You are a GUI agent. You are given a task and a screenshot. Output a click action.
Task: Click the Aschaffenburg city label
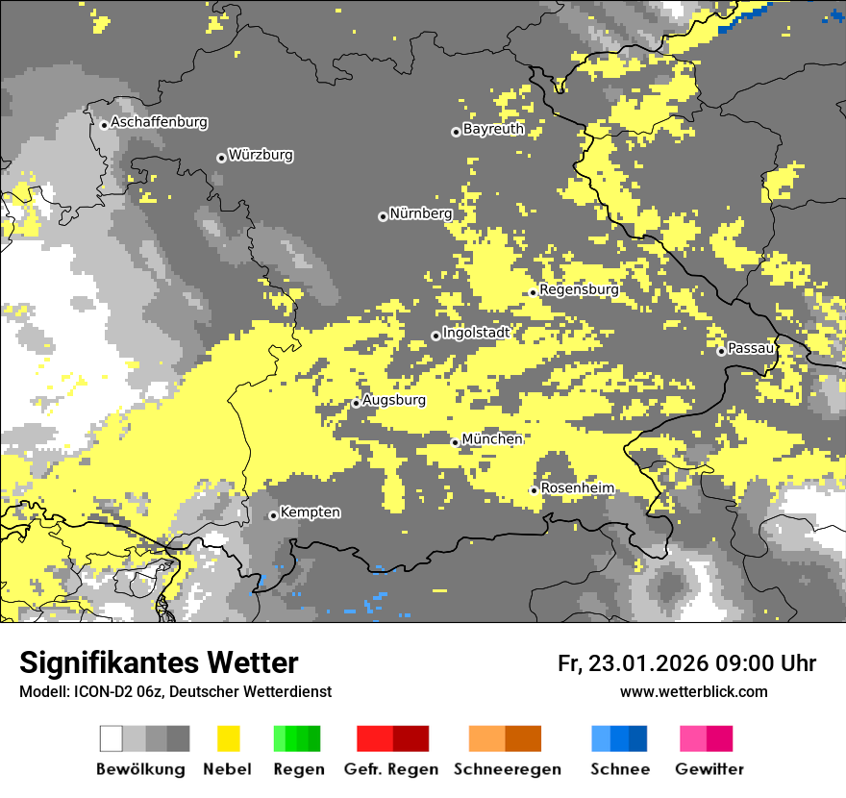(159, 122)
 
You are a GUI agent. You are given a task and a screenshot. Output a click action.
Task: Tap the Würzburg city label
(261, 155)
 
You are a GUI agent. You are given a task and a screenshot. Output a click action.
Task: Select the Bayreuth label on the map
(493, 129)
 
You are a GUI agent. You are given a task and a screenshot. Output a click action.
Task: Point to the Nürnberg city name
(421, 213)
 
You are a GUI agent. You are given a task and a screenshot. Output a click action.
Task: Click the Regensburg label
(579, 289)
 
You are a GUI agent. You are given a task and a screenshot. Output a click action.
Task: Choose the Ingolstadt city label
(476, 333)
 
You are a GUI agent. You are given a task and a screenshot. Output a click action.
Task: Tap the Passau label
(751, 348)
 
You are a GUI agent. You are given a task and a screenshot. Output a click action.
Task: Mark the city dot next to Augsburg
(356, 404)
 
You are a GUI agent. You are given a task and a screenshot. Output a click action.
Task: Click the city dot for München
(456, 442)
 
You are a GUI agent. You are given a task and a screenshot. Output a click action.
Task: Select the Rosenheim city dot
(535, 490)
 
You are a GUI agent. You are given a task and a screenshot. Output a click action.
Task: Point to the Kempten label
(311, 512)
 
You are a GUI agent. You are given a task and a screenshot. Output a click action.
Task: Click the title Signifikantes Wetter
(159, 662)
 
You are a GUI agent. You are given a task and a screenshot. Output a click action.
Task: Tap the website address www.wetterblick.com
(694, 691)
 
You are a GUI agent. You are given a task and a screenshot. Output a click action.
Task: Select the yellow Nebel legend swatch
(228, 738)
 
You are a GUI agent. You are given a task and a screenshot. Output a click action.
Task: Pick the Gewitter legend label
(709, 769)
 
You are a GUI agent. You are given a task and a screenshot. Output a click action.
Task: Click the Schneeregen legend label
(507, 769)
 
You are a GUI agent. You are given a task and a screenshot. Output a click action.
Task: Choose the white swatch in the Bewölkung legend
(112, 738)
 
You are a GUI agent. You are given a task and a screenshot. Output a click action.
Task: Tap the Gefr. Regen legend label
(392, 769)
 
